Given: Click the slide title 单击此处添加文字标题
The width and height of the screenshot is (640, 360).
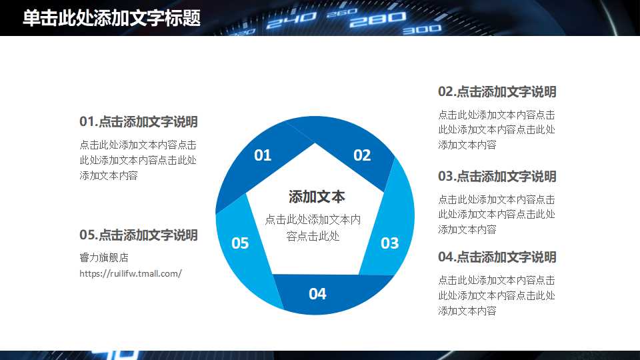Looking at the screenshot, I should (x=111, y=18).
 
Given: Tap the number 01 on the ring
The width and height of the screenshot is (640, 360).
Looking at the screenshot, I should (x=263, y=155).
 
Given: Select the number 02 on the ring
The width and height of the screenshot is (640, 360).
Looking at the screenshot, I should (x=362, y=155).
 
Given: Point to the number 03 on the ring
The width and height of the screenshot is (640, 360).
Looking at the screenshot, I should (x=389, y=243).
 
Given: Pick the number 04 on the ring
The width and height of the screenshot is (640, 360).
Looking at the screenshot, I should (x=317, y=293).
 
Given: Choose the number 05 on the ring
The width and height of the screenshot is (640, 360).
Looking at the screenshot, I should (x=240, y=243).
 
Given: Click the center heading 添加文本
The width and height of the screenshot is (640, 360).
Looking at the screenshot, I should (x=317, y=197).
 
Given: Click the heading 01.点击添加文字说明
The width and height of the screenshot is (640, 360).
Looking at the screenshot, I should (x=139, y=122).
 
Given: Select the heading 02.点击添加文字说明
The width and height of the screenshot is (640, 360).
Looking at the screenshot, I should (x=497, y=92).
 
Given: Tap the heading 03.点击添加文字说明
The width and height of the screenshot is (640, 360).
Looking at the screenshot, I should (x=497, y=177).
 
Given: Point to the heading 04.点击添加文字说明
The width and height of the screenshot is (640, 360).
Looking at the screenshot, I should (x=497, y=257).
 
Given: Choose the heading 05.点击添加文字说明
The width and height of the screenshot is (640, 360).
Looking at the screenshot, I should (x=139, y=235).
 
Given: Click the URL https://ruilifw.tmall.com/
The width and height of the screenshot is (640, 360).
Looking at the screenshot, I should (x=131, y=273).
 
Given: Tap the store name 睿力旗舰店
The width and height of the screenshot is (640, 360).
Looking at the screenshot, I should (x=103, y=258).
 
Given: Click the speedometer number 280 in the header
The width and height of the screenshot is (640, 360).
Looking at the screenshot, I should (x=368, y=21).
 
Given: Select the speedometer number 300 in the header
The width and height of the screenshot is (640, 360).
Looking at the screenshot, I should (x=421, y=29).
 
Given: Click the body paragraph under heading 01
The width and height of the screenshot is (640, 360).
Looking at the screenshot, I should (x=138, y=160).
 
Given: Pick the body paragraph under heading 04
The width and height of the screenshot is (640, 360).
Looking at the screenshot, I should (x=497, y=295).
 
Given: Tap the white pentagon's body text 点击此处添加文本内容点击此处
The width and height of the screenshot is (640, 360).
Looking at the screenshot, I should (x=313, y=227).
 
